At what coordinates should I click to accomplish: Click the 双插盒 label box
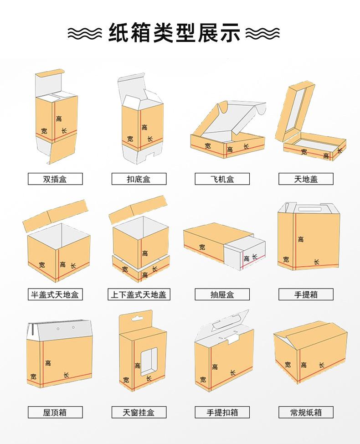[x=55, y=179]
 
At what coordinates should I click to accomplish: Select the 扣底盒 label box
[x=139, y=179]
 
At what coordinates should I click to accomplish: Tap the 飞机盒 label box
[x=222, y=179]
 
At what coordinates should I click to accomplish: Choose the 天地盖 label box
[x=306, y=179]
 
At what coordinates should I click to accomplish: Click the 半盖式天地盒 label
[x=55, y=294]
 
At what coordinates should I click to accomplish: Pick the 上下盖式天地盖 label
[x=139, y=294]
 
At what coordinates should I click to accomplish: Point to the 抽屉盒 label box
[x=222, y=294]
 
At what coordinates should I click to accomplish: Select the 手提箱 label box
[x=306, y=294]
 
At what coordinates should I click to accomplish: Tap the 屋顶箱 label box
[x=55, y=412]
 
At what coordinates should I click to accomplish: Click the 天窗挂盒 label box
[x=139, y=412]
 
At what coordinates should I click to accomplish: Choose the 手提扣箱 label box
[x=222, y=412]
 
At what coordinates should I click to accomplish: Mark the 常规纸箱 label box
[x=306, y=412]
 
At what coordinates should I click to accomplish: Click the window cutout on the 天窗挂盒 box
[x=149, y=361]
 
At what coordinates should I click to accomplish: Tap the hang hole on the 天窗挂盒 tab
[x=136, y=318]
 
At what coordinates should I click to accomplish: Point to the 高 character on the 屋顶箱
[x=48, y=363]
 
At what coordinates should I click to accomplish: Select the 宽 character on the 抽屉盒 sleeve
[x=202, y=247]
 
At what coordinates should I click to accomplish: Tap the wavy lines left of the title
[x=85, y=33]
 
